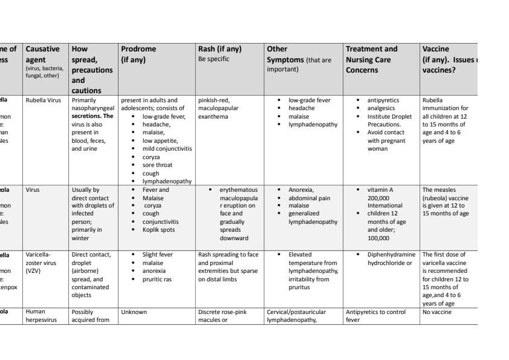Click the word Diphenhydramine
pyautogui.click(x=390, y=255)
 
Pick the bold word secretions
pyautogui.click(x=88, y=116)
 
